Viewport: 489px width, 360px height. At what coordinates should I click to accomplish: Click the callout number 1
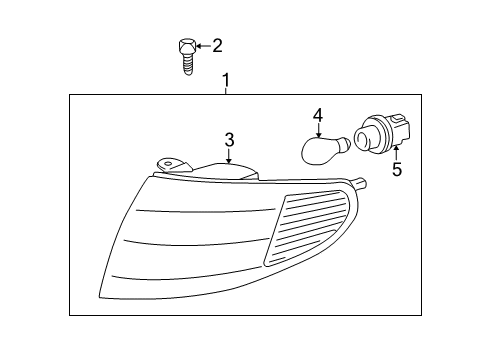pyautogui.click(x=226, y=78)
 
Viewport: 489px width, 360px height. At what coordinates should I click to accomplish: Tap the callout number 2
pyautogui.click(x=217, y=45)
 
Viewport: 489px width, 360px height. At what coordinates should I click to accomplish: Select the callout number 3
pyautogui.click(x=229, y=139)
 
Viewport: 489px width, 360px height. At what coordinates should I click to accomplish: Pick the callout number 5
pyautogui.click(x=396, y=169)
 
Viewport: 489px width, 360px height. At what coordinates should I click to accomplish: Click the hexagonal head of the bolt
pyautogui.click(x=185, y=46)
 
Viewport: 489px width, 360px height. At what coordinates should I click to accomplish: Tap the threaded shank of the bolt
pyautogui.click(x=186, y=62)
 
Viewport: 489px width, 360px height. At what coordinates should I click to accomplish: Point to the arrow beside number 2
pyautogui.click(x=202, y=45)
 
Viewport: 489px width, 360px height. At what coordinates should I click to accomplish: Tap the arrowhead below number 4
pyautogui.click(x=318, y=134)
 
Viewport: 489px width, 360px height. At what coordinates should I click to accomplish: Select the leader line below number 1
pyautogui.click(x=226, y=89)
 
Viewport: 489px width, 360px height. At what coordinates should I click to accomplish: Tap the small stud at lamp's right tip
pyautogui.click(x=367, y=184)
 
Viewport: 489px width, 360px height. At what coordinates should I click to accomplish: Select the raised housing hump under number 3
pyautogui.click(x=225, y=171)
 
